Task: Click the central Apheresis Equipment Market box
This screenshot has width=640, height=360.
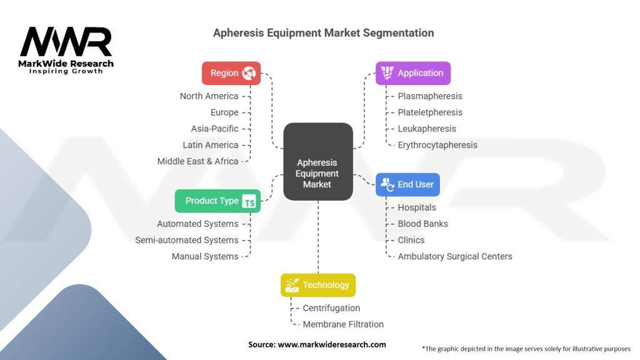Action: (x=317, y=162)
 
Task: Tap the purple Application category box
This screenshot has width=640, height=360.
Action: (x=412, y=73)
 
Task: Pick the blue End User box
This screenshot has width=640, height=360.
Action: (x=408, y=184)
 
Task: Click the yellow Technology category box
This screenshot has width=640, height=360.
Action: (x=318, y=285)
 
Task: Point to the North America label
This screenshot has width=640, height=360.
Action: (x=209, y=96)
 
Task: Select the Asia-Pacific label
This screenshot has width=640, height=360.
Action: (x=214, y=129)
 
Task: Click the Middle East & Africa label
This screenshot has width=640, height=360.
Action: (x=197, y=161)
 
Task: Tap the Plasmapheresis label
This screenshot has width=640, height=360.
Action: (x=430, y=96)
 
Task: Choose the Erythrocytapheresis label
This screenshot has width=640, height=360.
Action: (x=437, y=145)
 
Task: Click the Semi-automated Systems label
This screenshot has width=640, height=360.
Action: (x=186, y=240)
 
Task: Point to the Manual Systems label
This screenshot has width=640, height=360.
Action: (x=205, y=256)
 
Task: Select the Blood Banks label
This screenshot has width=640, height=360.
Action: (x=422, y=224)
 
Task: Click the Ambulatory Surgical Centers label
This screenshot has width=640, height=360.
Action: (x=455, y=256)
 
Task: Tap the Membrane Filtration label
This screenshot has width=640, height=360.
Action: (x=343, y=324)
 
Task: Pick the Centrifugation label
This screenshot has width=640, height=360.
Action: (x=331, y=308)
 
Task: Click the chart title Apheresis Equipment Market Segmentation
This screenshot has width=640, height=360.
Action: (x=323, y=32)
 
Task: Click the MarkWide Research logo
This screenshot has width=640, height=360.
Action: (x=66, y=50)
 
